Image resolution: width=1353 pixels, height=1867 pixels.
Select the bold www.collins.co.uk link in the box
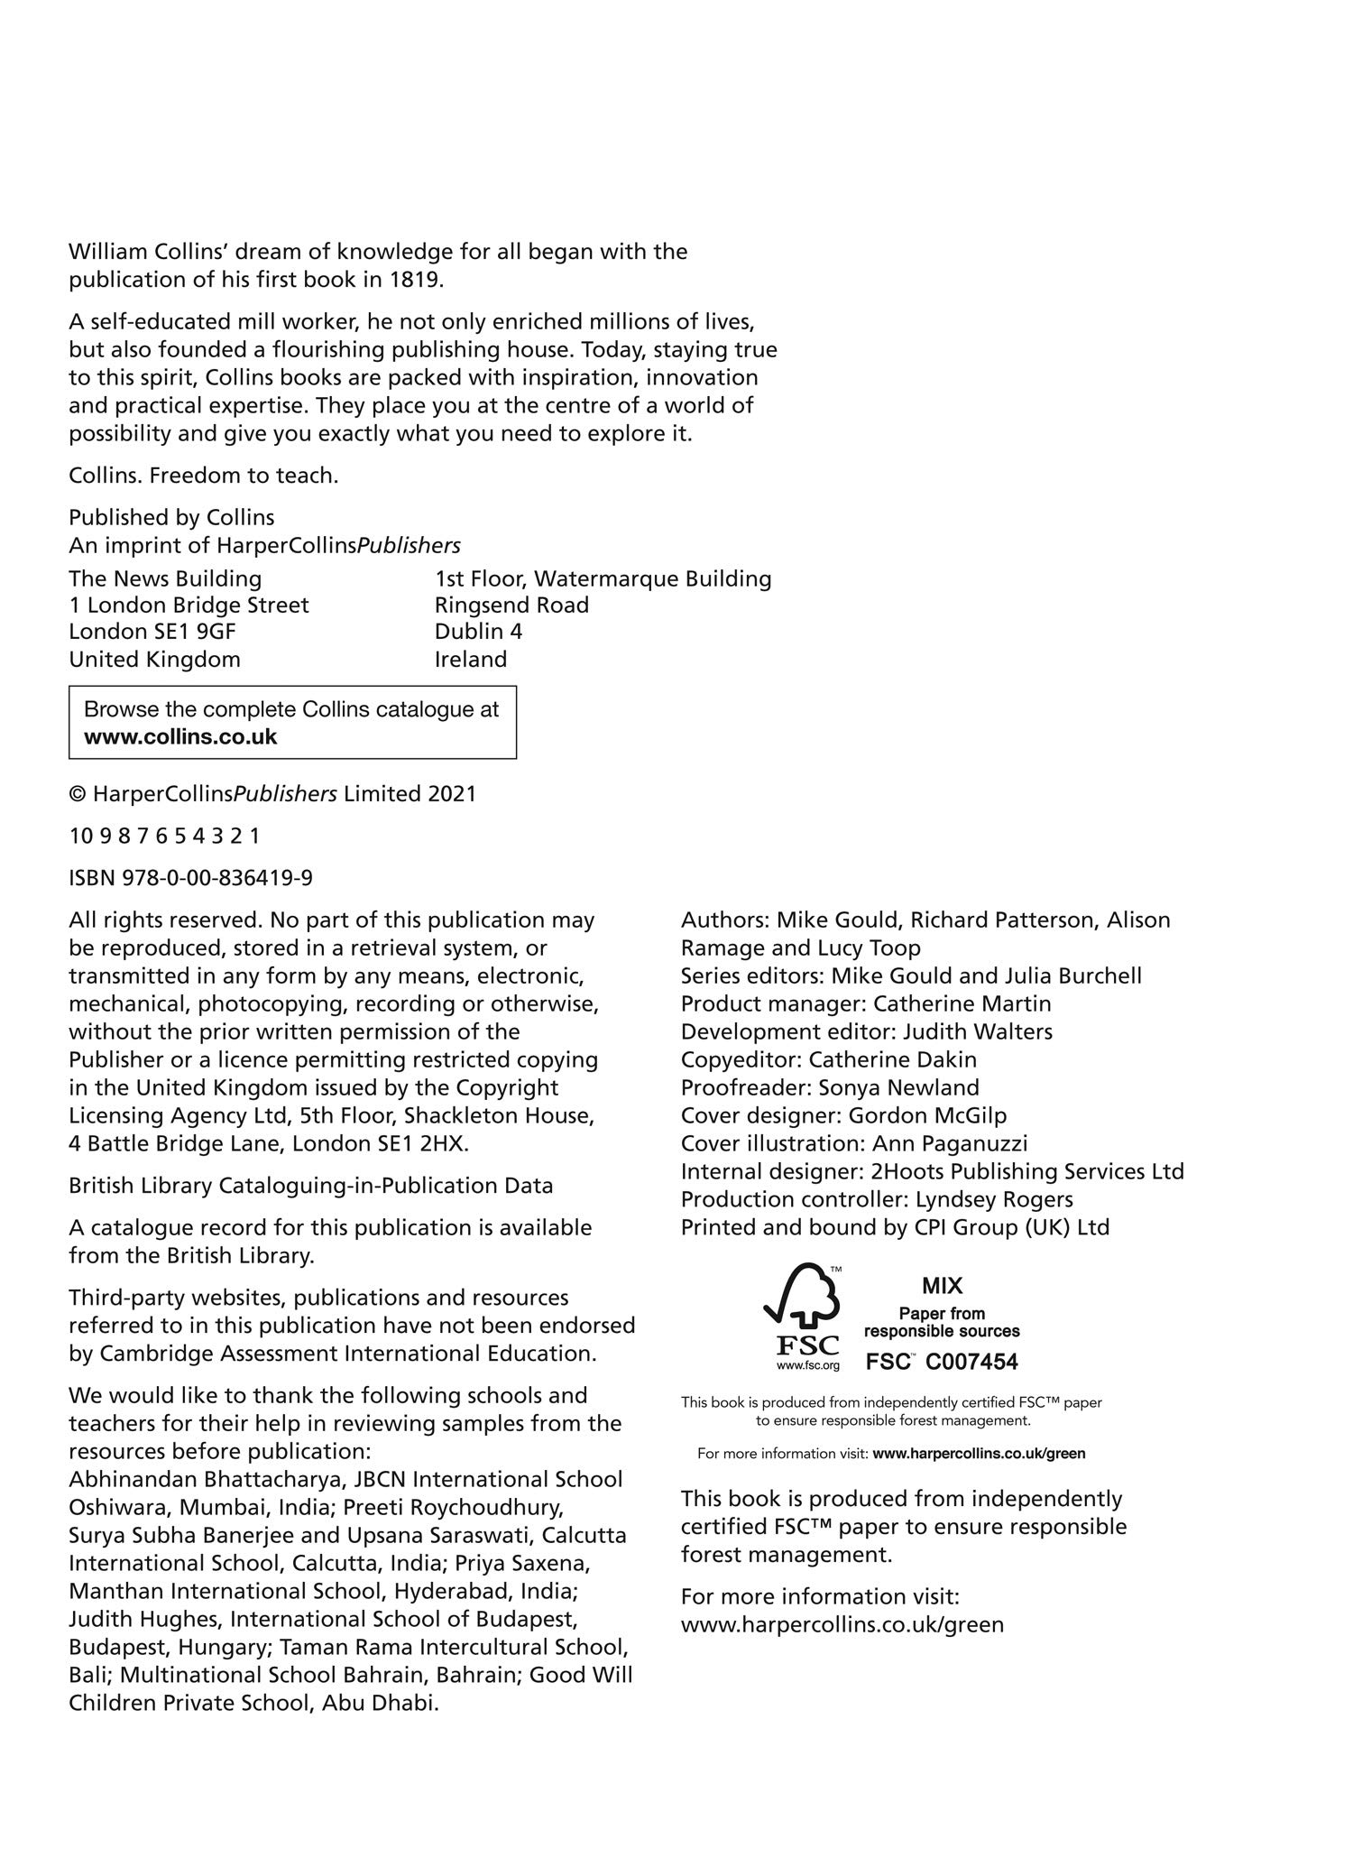point(180,737)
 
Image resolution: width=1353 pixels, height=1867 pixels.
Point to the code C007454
point(971,1363)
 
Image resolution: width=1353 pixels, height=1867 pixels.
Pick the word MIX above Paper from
point(942,1287)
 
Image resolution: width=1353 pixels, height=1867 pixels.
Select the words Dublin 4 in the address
point(478,632)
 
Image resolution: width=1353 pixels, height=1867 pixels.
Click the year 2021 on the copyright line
point(452,794)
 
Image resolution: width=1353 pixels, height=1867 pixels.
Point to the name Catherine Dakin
point(893,1059)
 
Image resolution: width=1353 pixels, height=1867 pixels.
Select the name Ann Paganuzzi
point(950,1144)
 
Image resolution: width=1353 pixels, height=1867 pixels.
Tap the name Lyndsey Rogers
point(994,1200)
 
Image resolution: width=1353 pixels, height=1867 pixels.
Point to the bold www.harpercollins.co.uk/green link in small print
point(979,1454)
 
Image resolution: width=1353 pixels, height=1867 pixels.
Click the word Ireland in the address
point(471,660)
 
